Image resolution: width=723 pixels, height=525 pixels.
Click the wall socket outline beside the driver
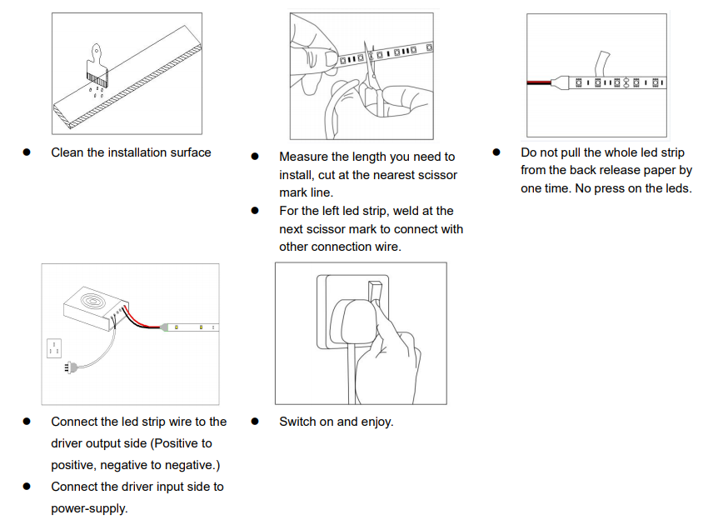(54, 348)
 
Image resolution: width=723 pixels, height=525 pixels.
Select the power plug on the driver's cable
(71, 367)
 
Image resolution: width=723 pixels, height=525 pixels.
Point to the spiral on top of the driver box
(92, 302)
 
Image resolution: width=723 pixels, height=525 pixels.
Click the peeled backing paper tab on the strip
(602, 63)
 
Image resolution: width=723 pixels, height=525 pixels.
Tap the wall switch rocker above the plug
(375, 292)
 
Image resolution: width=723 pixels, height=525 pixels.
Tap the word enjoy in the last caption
(376, 422)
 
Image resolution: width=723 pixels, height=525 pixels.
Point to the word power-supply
(89, 509)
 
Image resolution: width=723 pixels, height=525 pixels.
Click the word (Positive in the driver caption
(176, 443)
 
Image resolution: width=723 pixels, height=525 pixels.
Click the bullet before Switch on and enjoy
(255, 421)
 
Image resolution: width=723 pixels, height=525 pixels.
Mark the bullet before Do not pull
(496, 152)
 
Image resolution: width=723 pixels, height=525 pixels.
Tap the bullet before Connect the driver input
(27, 486)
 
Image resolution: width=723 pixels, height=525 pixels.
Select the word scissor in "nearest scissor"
(436, 175)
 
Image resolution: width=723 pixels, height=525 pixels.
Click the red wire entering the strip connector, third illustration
(539, 82)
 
